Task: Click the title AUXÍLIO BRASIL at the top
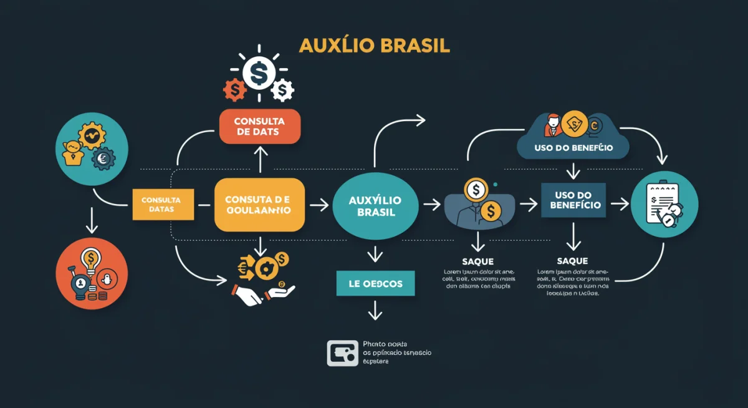(x=374, y=46)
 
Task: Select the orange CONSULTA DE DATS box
(x=260, y=127)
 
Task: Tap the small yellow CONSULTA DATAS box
(x=161, y=204)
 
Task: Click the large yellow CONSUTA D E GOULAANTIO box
(x=260, y=205)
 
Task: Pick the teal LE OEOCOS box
(x=375, y=284)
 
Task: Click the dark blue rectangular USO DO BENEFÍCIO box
(x=573, y=200)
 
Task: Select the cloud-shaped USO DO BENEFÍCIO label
(x=573, y=148)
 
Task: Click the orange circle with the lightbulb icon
(x=92, y=273)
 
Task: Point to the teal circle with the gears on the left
(x=92, y=148)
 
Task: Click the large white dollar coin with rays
(x=258, y=74)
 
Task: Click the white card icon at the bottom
(x=342, y=352)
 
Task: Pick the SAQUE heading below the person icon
(x=478, y=261)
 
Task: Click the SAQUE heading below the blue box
(x=572, y=261)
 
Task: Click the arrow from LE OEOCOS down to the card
(x=375, y=309)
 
